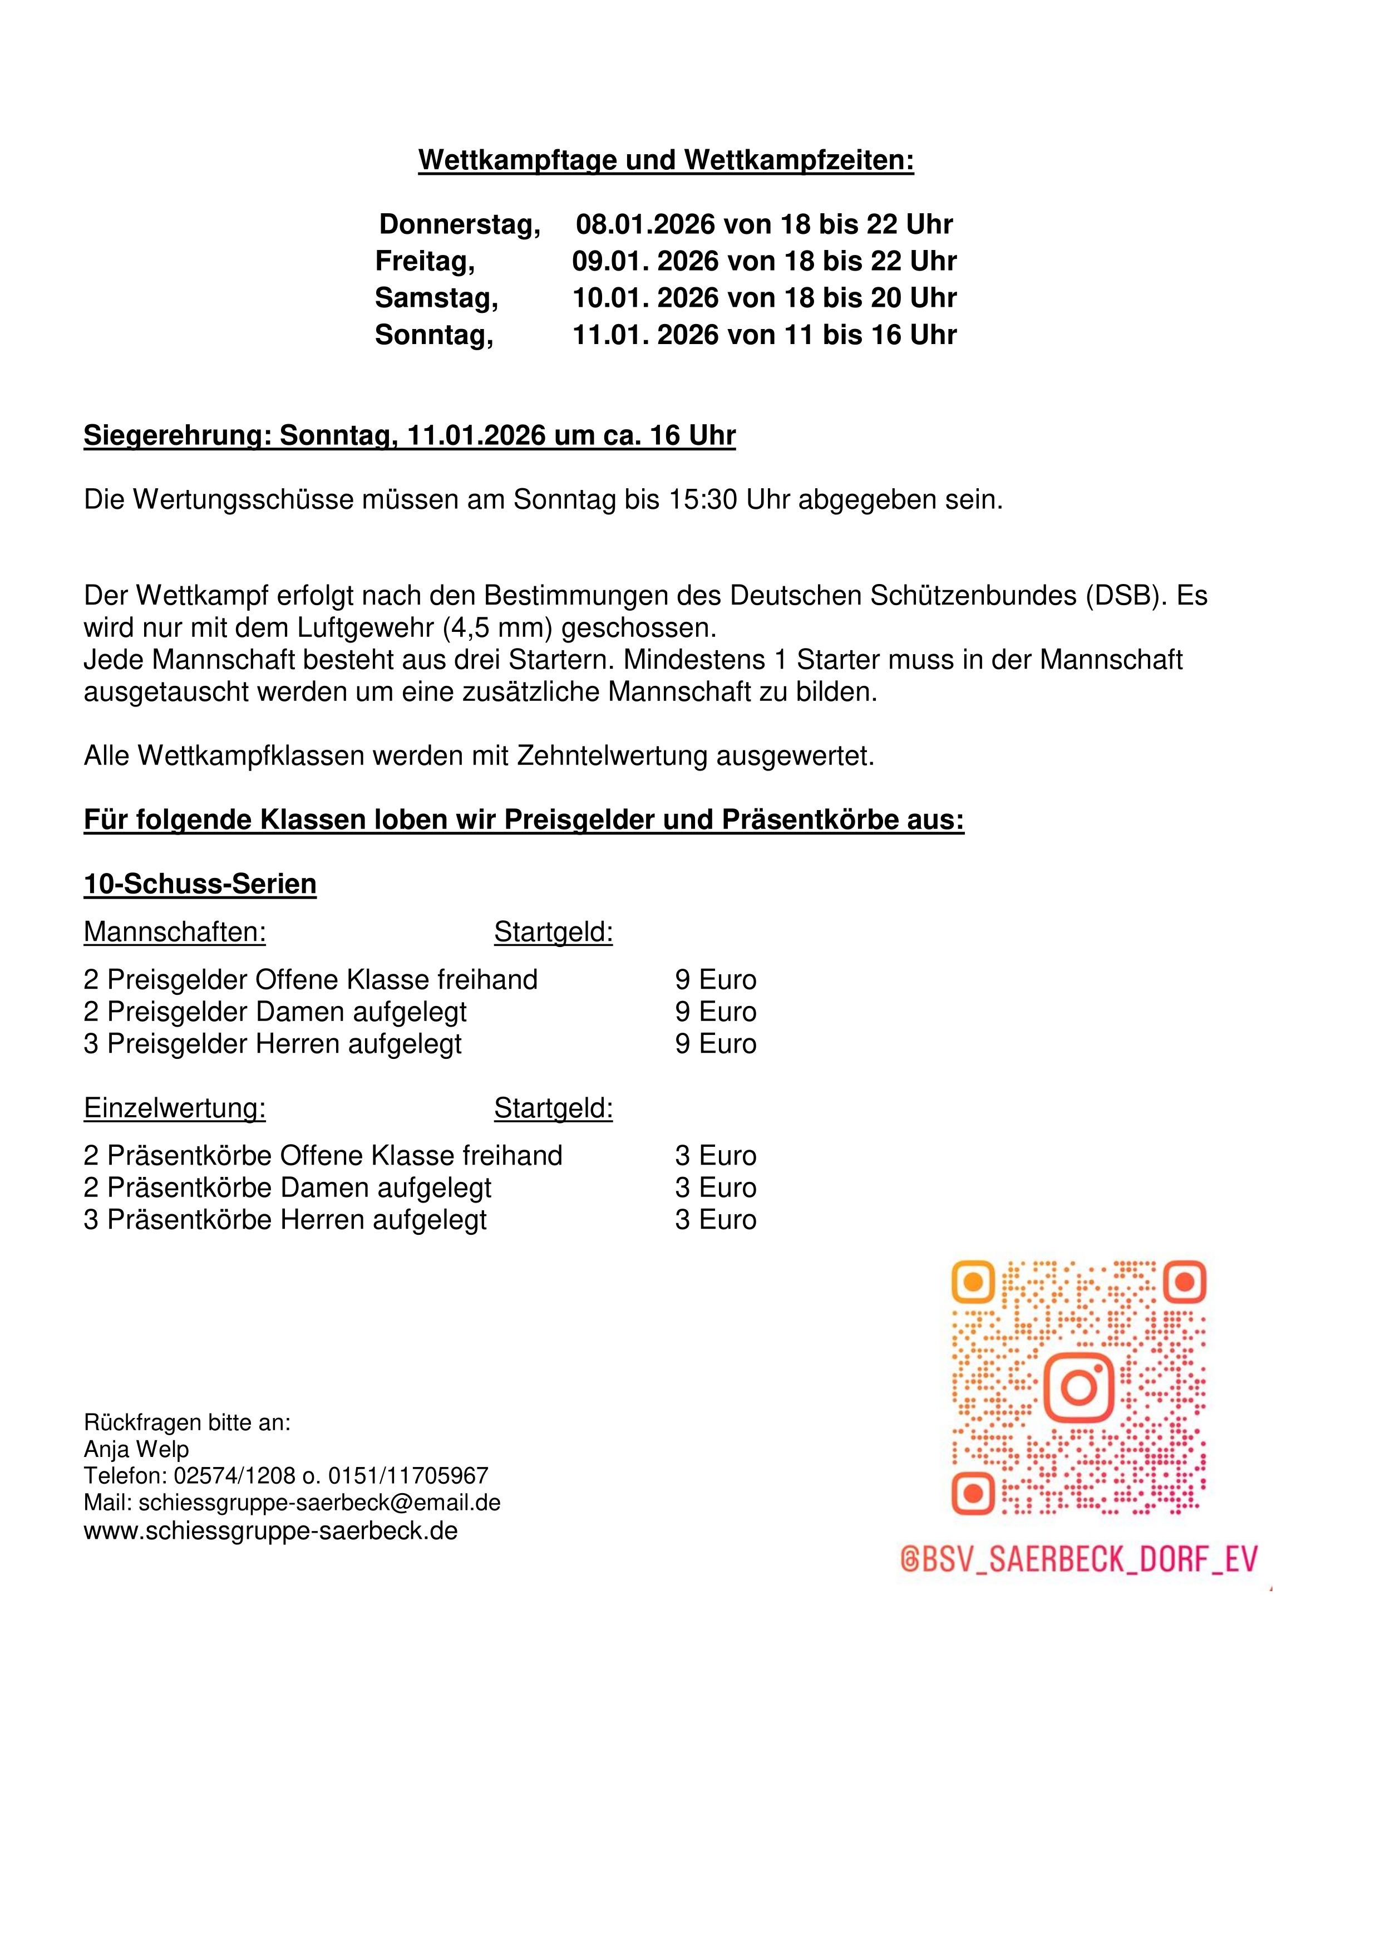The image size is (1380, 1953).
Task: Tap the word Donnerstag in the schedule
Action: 459,224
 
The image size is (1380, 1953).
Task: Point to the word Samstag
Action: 436,298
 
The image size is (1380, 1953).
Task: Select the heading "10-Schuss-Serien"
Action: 200,884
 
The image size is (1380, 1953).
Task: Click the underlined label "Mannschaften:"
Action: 174,933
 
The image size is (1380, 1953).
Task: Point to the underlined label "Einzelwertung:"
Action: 174,1108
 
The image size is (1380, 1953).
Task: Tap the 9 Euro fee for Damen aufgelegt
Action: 715,1012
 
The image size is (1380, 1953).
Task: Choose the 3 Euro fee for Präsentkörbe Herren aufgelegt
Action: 715,1220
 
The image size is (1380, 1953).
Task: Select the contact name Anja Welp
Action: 136,1449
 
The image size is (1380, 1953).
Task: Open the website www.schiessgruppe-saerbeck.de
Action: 270,1530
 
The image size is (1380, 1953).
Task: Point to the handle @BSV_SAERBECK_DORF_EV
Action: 1078,1559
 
